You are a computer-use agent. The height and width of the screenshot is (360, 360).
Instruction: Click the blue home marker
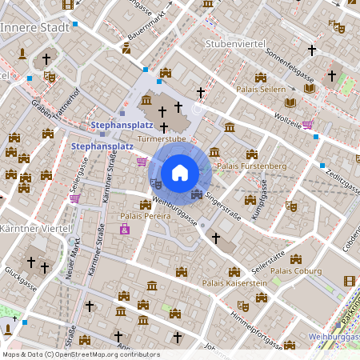click(180, 172)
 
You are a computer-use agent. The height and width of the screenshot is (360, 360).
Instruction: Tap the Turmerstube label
click(162, 138)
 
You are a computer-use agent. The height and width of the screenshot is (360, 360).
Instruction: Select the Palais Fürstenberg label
click(251, 166)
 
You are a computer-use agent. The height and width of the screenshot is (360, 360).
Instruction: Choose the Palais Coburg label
click(301, 270)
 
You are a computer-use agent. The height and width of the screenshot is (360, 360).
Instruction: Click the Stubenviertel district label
click(234, 43)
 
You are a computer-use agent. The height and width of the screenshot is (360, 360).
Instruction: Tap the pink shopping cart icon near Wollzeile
click(308, 125)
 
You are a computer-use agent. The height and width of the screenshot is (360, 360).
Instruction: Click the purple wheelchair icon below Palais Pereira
click(124, 230)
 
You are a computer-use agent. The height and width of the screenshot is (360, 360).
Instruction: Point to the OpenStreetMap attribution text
click(80, 354)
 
